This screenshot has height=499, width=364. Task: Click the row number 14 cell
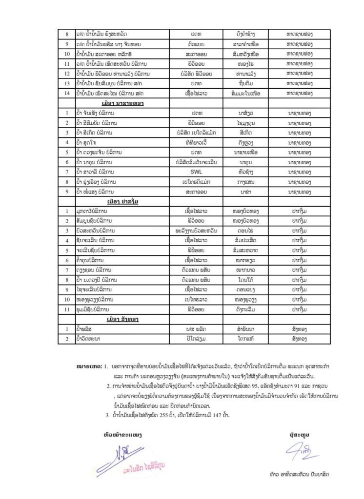click(67, 93)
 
